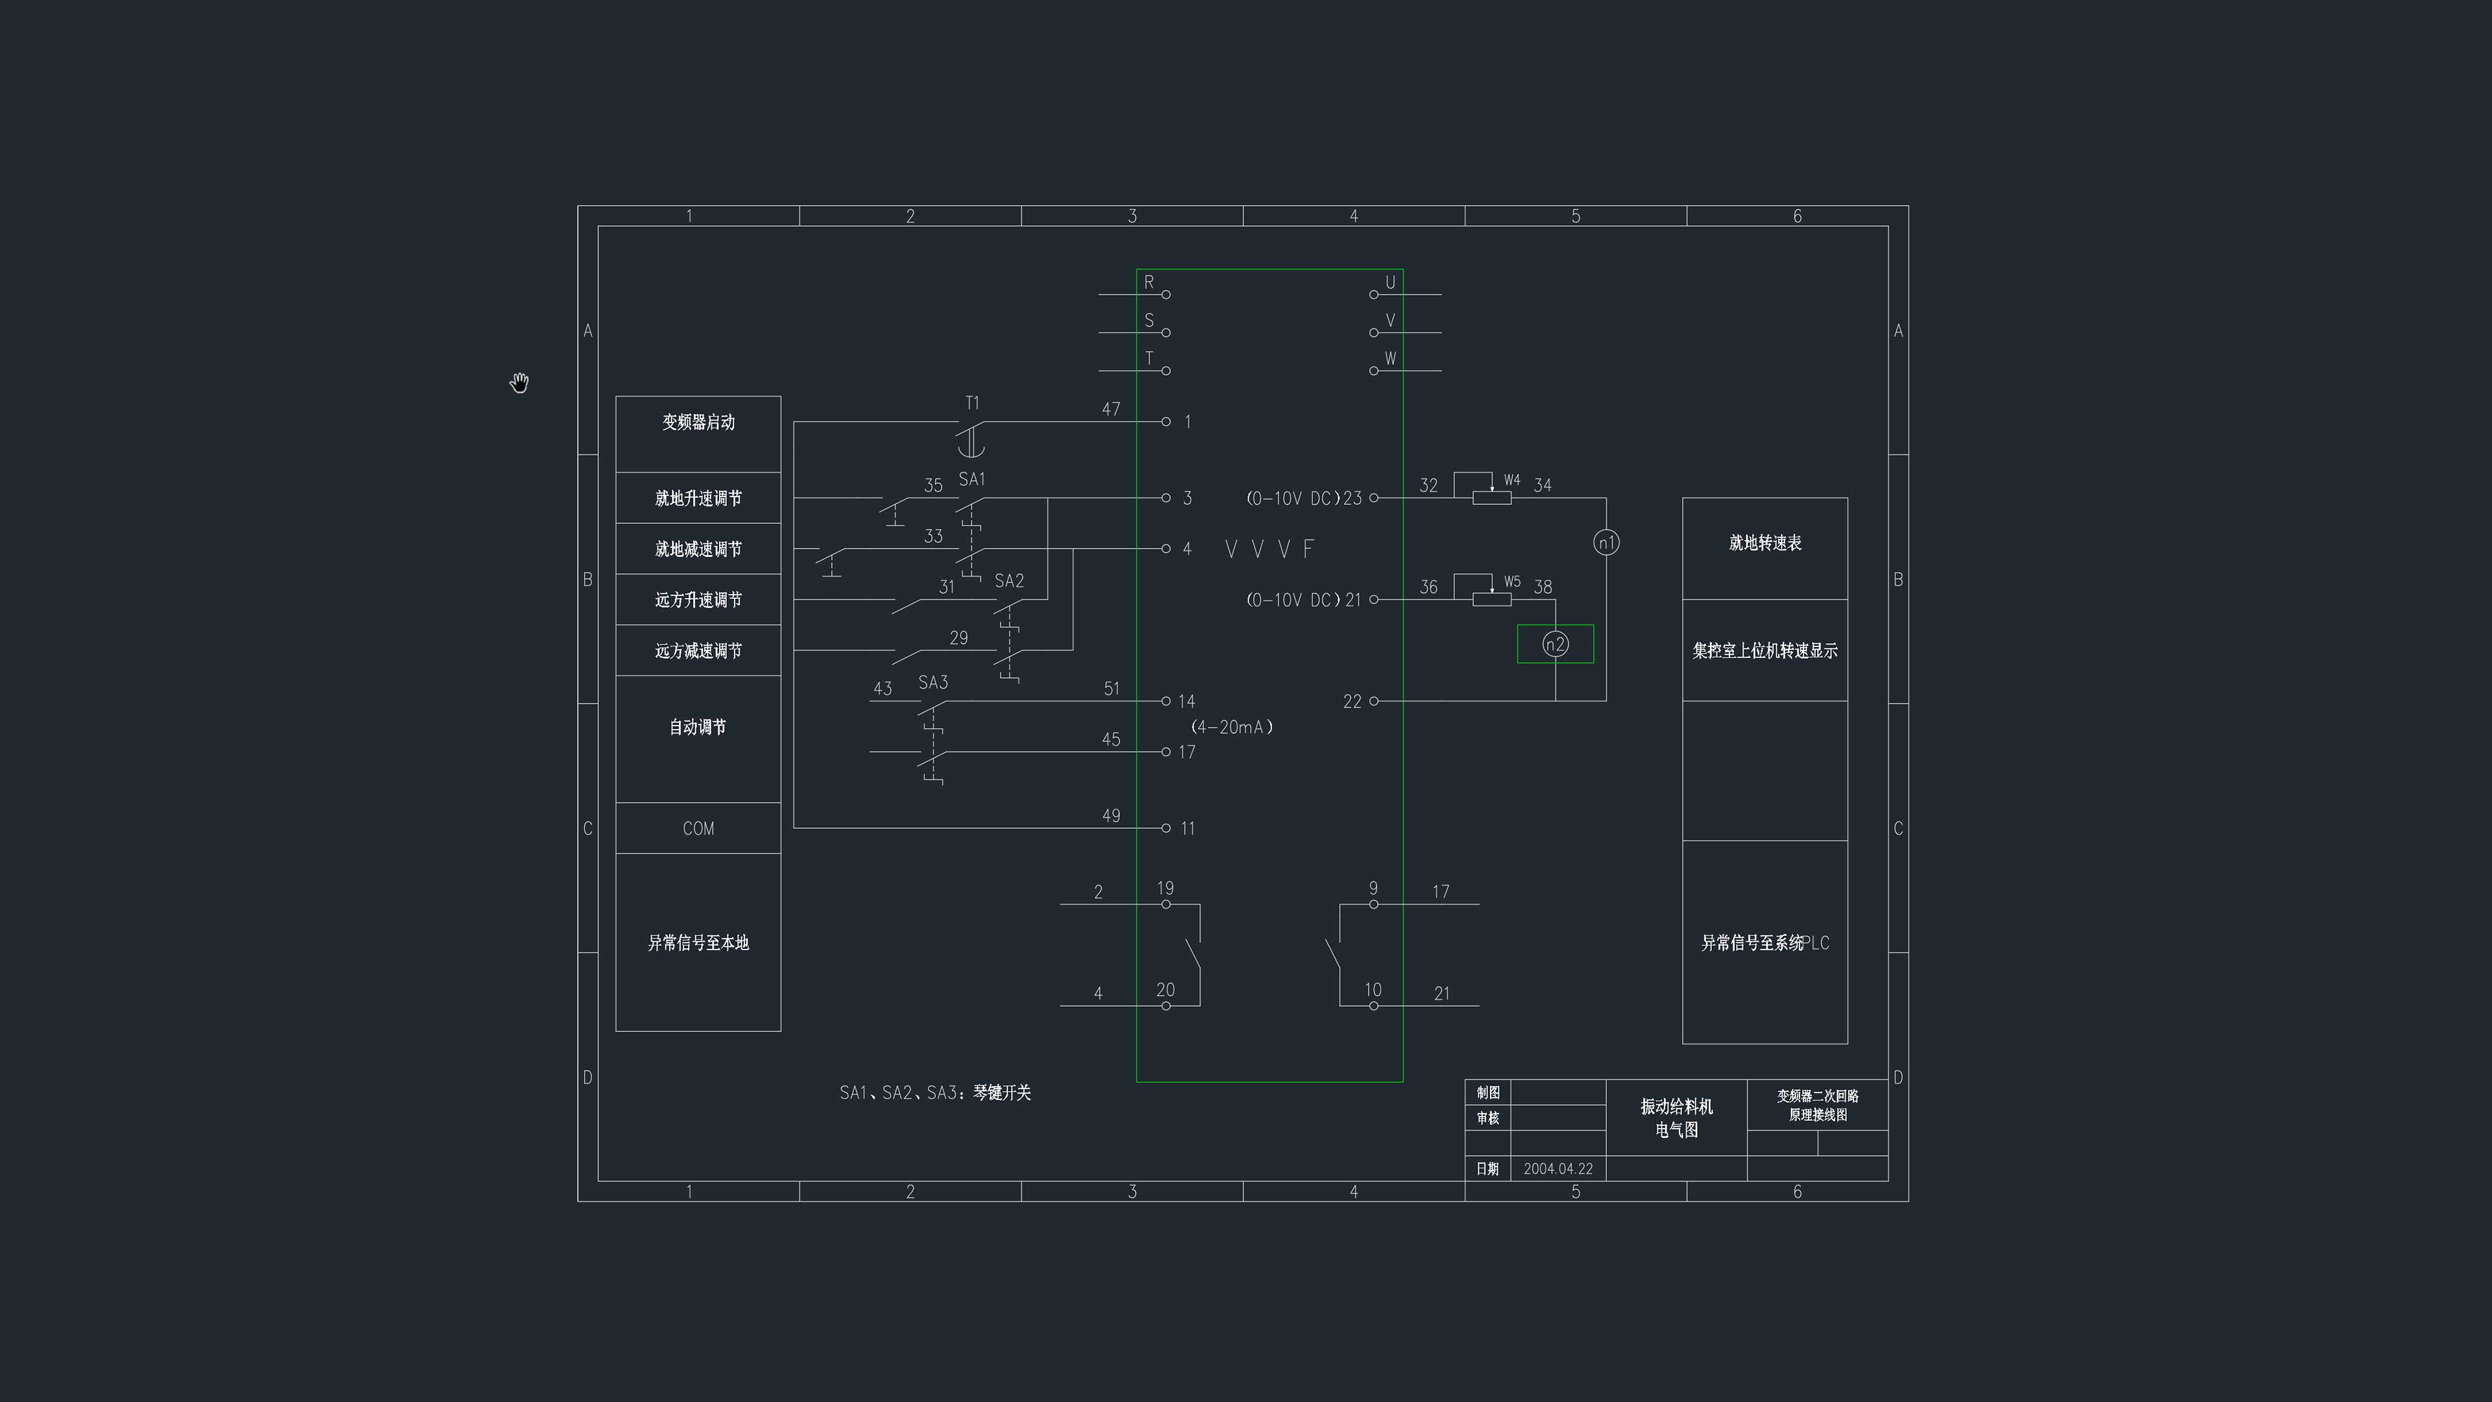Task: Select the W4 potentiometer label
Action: [1512, 480]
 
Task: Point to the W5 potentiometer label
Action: [1512, 582]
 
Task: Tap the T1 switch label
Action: [972, 402]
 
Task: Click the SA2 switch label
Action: [1009, 580]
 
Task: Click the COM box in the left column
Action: [698, 828]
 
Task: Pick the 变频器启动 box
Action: [698, 434]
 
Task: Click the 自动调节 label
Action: [698, 727]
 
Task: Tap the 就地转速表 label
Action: [1765, 543]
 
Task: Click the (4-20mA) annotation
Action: [1232, 727]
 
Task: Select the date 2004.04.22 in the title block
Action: [1557, 1169]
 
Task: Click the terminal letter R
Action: [1149, 282]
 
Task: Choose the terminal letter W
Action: [1390, 358]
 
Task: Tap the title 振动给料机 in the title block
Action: [1676, 1106]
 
